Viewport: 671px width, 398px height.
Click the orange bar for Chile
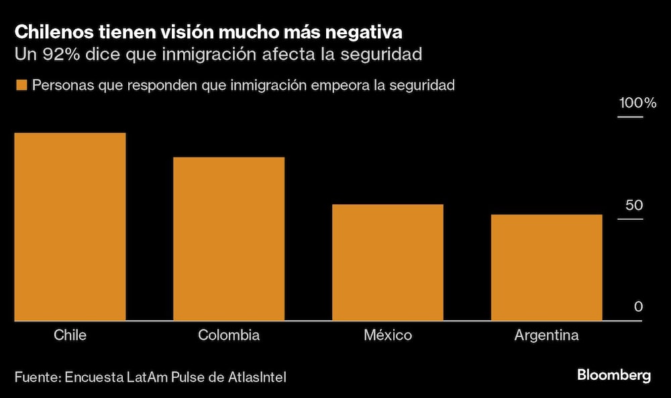[x=70, y=227]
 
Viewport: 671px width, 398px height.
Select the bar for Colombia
[x=229, y=239]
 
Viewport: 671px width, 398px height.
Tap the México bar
[x=388, y=263]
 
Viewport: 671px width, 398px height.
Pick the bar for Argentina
[x=546, y=268]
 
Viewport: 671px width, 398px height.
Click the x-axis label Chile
[x=70, y=335]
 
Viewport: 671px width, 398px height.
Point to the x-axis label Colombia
[x=229, y=335]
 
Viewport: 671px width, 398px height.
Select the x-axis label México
[x=388, y=335]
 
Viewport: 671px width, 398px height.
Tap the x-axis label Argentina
[x=546, y=335]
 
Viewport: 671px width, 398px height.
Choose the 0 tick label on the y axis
[x=638, y=307]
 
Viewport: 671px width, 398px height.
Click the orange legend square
[x=21, y=86]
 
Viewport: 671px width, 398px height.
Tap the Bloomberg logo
[x=613, y=376]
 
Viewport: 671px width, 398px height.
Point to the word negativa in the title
[x=369, y=31]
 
